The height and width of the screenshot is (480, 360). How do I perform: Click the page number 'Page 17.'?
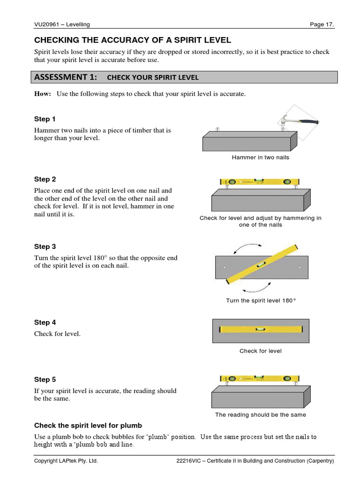(322, 24)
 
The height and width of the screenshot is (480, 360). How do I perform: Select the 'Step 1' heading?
(45, 119)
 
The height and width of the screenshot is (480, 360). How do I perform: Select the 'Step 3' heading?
(45, 246)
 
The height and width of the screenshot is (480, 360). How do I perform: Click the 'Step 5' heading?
(45, 379)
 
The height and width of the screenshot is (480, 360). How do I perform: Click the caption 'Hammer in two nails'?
(260, 157)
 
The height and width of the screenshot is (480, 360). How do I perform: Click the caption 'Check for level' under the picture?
(260, 351)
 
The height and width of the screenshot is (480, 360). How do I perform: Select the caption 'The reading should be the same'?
(260, 415)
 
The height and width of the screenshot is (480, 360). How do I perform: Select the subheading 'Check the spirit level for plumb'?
(88, 426)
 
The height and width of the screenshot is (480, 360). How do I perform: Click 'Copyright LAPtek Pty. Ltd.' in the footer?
(66, 461)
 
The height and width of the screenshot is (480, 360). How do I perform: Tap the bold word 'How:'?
(43, 94)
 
